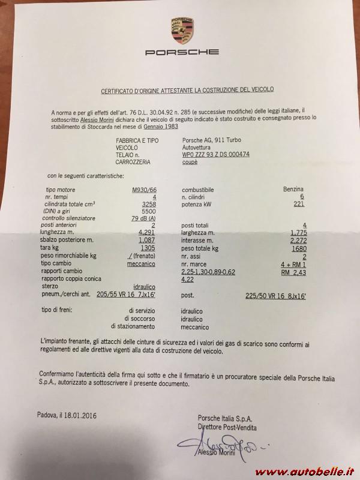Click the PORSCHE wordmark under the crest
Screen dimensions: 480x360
click(x=182, y=52)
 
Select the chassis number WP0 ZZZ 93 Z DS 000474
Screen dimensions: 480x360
click(x=216, y=154)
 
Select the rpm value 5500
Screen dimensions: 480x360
click(x=148, y=211)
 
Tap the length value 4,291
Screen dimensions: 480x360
click(x=147, y=232)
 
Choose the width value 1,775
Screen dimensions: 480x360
click(x=298, y=232)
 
